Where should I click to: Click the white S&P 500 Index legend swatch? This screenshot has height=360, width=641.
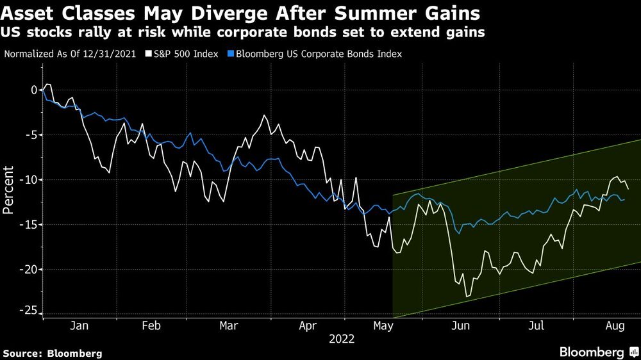click(149, 54)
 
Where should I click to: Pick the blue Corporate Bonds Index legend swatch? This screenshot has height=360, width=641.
click(231, 54)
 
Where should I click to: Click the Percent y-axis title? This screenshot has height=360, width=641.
click(9, 190)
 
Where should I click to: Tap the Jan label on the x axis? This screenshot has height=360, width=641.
click(79, 325)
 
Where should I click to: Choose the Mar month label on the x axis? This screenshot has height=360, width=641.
click(229, 325)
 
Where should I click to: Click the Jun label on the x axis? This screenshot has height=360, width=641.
click(461, 325)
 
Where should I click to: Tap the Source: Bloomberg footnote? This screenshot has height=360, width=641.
click(53, 353)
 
